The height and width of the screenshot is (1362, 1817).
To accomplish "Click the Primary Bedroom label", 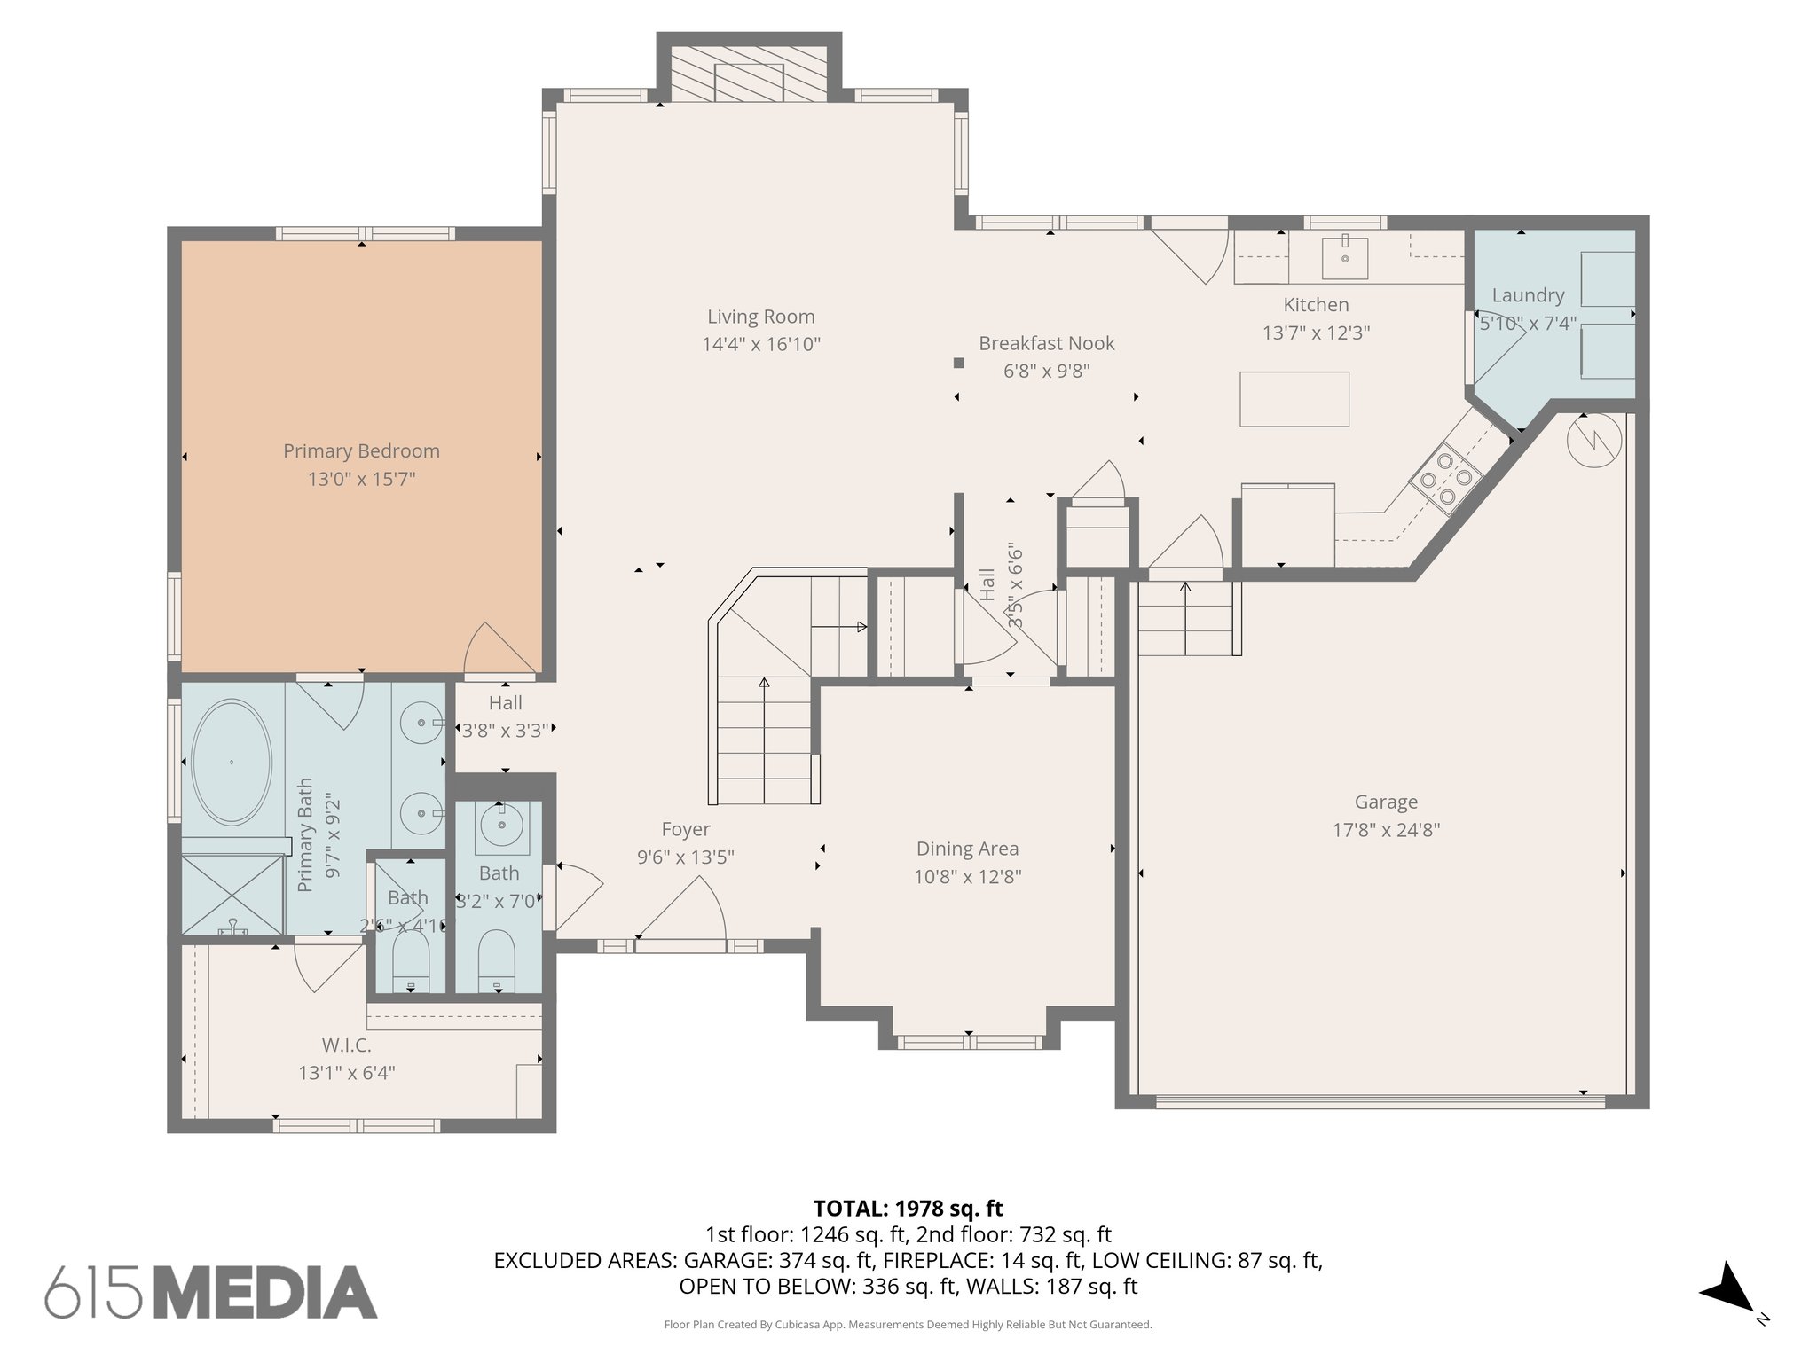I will [x=361, y=450].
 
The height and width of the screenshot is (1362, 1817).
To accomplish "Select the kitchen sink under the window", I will [x=1344, y=256].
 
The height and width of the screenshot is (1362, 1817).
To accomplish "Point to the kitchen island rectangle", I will [x=1294, y=399].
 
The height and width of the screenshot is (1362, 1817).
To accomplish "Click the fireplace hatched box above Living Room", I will [x=749, y=74].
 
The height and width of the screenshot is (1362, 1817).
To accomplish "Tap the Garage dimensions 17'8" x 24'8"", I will [x=1386, y=830].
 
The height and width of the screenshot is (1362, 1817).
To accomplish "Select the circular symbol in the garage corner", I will [x=1593, y=441].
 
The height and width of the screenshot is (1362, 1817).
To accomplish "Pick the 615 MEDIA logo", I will [x=211, y=1292].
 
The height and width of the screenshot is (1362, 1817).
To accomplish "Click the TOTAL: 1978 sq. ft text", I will [x=908, y=1208].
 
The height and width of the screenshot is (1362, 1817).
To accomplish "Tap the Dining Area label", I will [x=967, y=849].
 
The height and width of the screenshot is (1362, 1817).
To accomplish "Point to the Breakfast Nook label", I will [x=1046, y=343].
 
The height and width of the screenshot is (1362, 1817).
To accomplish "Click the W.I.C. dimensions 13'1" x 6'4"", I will [x=346, y=1073].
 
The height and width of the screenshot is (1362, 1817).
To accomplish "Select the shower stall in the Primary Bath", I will [x=232, y=894].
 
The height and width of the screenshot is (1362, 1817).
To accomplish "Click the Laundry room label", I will [x=1527, y=295].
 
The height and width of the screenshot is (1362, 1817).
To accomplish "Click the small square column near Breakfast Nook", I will [x=958, y=363].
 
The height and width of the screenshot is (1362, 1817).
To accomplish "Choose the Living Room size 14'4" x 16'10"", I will [x=760, y=344].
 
